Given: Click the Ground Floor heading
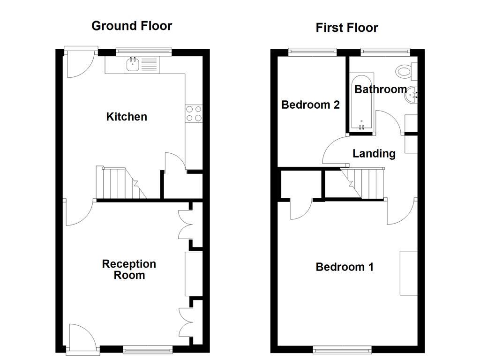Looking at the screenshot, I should point(132,26).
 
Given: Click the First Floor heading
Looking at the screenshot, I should point(346,28).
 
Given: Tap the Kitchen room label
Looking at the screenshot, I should point(127,117).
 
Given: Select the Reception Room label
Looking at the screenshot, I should point(129,270).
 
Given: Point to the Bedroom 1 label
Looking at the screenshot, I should point(345,267).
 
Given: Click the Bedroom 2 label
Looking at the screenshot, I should point(310,105).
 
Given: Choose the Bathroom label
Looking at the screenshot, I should point(380,89).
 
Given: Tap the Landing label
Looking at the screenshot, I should point(374,153).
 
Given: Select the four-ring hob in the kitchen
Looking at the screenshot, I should point(194,113).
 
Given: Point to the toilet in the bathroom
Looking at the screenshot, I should point(405,72).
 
